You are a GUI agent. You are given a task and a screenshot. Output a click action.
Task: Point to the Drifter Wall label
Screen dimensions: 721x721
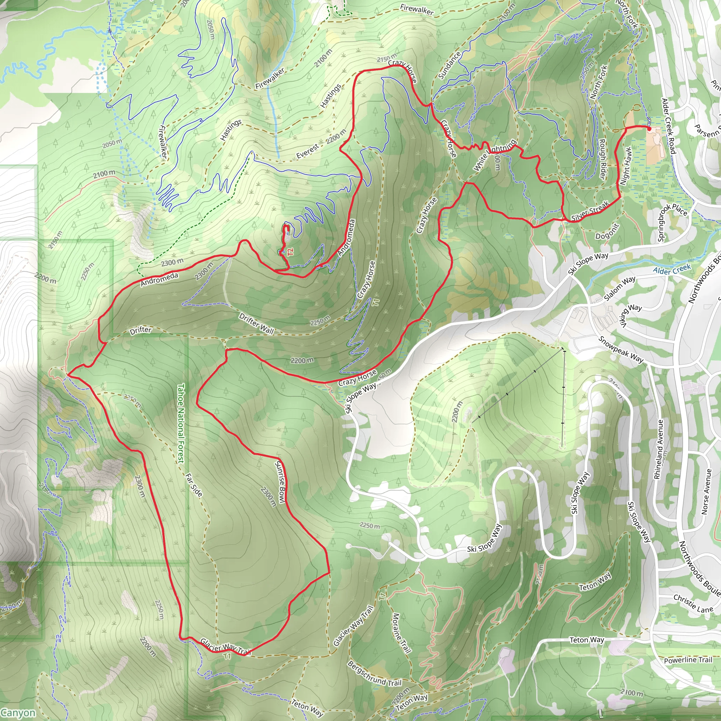(256, 323)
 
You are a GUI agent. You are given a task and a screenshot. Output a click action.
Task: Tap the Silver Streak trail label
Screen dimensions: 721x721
(590, 211)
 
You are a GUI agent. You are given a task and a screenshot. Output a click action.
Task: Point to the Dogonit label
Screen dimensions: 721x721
(607, 232)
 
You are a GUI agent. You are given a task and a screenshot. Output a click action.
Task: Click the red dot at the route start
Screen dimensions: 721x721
(649, 129)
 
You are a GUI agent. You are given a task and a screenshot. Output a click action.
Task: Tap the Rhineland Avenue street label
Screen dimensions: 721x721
(659, 449)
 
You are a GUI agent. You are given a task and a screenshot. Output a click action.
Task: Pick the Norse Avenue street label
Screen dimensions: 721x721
(705, 491)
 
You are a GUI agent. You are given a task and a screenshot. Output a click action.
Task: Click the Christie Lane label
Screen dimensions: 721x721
(693, 604)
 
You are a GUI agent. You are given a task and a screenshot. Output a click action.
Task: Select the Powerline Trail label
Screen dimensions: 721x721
(688, 660)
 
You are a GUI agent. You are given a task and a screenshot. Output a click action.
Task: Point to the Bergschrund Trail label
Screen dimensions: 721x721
(374, 673)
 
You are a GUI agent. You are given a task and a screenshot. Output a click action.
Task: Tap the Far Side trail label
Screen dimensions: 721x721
(194, 485)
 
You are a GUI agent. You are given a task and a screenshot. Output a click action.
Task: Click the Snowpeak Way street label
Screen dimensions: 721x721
(621, 349)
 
